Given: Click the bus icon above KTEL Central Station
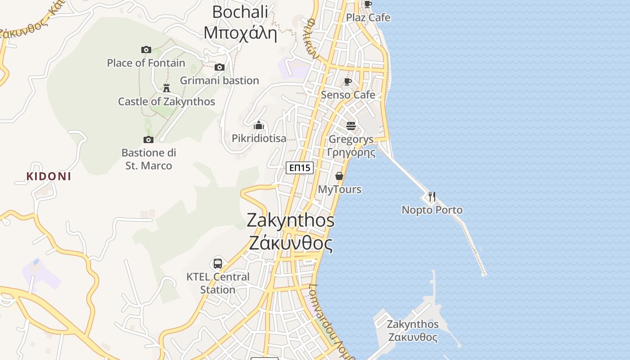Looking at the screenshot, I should (218, 263).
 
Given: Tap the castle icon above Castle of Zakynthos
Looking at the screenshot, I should (166, 88).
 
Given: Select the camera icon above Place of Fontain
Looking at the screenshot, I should (146, 49).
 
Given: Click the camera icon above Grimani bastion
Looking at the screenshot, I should (220, 67).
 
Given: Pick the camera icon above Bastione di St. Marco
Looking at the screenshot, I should (148, 139).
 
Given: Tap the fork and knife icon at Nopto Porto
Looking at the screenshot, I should (432, 197).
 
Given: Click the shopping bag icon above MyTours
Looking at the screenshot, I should (339, 176).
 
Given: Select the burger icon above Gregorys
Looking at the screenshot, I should (351, 126).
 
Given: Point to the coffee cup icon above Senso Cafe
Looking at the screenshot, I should (347, 81).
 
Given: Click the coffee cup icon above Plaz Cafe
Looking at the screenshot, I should (368, 4).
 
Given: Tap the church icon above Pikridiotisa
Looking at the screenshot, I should (259, 125).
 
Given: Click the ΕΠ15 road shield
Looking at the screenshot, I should (300, 168).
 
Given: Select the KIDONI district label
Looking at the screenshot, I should (49, 176).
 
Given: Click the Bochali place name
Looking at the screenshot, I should (240, 12).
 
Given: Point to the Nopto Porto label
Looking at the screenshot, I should (432, 210).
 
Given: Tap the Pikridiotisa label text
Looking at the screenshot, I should (259, 139).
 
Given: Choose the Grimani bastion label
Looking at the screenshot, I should (220, 81).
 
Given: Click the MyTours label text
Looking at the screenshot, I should (340, 189).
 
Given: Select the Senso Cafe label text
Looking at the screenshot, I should (348, 95).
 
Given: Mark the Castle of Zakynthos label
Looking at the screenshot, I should (166, 102).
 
